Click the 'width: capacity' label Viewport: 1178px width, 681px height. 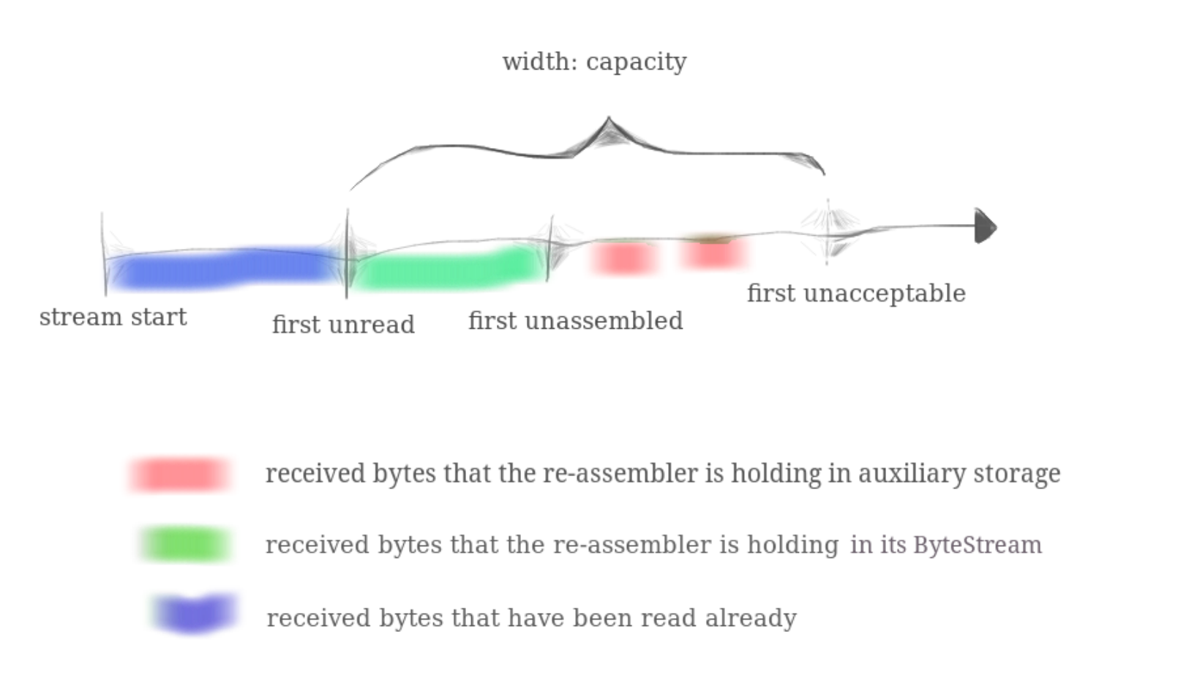coord(594,62)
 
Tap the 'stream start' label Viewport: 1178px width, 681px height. coord(113,317)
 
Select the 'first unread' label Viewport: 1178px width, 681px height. coord(343,324)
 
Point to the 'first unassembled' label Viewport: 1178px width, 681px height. coord(575,321)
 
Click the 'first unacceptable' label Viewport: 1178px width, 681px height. coord(856,294)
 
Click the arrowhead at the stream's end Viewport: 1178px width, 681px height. coord(985,226)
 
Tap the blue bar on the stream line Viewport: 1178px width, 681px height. coord(223,269)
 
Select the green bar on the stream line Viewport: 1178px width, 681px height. coord(450,269)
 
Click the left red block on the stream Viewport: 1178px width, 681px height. coord(623,258)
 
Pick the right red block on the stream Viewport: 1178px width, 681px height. coord(714,253)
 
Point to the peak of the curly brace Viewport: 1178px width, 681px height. coord(609,121)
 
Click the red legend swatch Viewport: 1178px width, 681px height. coord(180,475)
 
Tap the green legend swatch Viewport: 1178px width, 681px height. coord(184,545)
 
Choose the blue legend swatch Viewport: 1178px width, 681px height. coord(195,614)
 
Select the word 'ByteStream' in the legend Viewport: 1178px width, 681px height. coord(978,545)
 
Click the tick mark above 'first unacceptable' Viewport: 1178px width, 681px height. coord(828,231)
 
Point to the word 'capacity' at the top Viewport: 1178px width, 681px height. coord(637,62)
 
